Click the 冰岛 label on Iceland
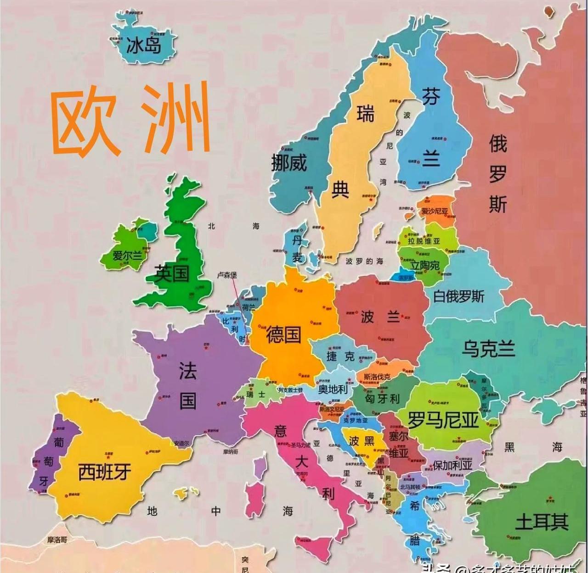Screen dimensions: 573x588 tap(144, 45)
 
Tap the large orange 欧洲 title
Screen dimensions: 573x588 tap(130, 118)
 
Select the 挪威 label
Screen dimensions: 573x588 tap(289, 162)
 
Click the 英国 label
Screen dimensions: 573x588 tap(172, 273)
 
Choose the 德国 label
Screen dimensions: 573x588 tap(283, 334)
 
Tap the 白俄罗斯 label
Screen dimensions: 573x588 tap(458, 296)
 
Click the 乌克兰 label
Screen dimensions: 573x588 tap(488, 349)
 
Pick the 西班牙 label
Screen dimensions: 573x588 tap(105, 472)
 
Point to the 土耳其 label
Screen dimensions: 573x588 tap(542, 522)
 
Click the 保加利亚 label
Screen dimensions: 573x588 tap(452, 465)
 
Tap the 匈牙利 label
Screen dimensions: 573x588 tap(382, 399)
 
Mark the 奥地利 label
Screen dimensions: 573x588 tap(333, 389)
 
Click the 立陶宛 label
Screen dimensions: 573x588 tap(425, 265)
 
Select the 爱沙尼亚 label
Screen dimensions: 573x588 tap(435, 211)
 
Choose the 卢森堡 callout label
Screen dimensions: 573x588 tap(227, 275)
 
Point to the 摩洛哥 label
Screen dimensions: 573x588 tap(57, 540)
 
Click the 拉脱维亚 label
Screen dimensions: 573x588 tap(424, 241)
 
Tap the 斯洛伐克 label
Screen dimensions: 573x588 tap(377, 377)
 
